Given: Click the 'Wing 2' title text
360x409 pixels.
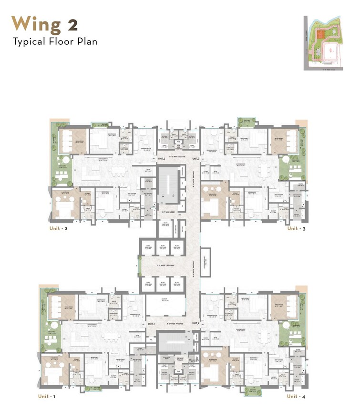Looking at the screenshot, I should click(x=45, y=23).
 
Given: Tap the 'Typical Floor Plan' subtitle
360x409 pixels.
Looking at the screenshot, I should click(x=55, y=41).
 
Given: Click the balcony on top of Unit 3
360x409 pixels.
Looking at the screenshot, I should click(x=247, y=122).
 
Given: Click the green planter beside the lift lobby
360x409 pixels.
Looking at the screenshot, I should click(x=139, y=265).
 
